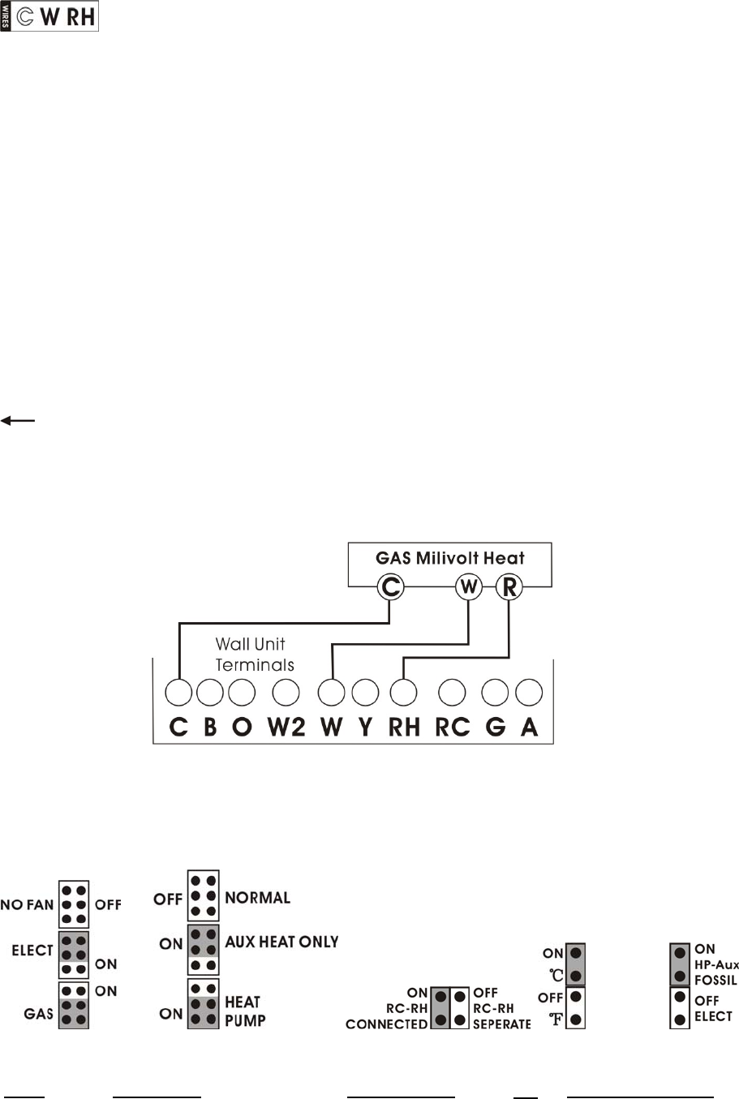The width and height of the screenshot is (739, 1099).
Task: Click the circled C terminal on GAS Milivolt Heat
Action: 391,586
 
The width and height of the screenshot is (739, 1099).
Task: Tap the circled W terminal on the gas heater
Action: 469,586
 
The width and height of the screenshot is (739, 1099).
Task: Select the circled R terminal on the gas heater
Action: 509,586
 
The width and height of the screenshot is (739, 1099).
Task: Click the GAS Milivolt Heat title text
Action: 450,558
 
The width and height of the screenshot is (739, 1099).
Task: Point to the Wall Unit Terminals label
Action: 254,655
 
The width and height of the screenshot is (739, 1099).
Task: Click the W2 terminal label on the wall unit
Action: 286,727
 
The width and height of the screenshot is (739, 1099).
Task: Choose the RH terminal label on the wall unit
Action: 404,727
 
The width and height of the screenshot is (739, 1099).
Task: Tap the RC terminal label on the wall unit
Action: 452,727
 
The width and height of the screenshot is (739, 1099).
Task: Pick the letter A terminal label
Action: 529,727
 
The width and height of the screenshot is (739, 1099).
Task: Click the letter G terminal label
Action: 495,727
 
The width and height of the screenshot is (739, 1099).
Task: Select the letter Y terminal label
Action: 365,727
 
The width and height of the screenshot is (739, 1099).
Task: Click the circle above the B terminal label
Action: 210,693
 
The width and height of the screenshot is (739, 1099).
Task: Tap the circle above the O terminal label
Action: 242,693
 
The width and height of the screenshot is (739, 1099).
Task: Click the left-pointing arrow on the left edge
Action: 18,420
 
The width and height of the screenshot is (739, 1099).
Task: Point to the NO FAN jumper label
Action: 27,904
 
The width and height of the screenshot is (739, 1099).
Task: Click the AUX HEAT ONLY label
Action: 281,942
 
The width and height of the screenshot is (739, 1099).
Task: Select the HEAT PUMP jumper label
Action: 244,1011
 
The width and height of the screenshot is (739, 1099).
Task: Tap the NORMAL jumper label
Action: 257,898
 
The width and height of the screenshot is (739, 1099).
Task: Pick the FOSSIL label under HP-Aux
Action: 715,980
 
